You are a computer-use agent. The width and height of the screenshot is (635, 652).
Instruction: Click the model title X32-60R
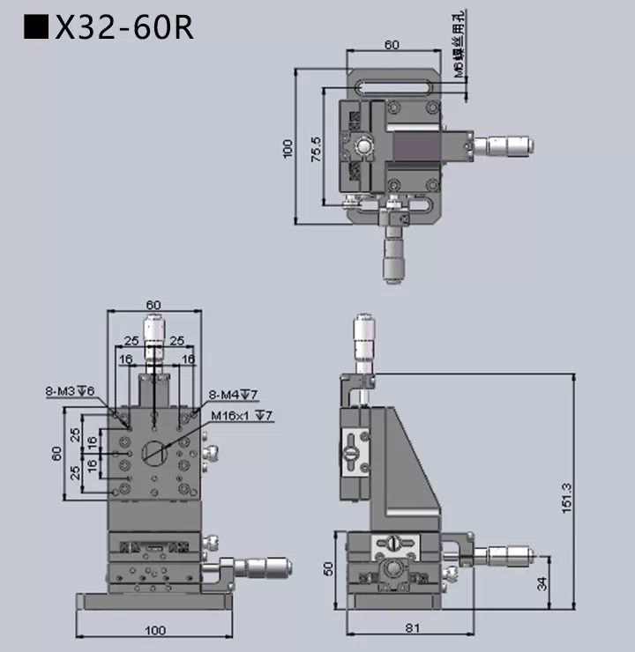tap(123, 27)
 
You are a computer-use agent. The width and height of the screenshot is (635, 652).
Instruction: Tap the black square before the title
tap(36, 27)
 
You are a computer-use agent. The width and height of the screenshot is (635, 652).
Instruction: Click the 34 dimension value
tap(541, 582)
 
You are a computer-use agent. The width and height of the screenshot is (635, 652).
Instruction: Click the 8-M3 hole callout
tap(71, 390)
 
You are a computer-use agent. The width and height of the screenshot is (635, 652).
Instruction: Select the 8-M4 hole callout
tap(233, 394)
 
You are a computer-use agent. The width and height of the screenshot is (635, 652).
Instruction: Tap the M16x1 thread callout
tap(241, 415)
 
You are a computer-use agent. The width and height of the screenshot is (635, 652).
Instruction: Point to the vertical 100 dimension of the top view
tap(286, 148)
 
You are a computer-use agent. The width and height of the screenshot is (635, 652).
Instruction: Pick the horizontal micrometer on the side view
tap(504, 553)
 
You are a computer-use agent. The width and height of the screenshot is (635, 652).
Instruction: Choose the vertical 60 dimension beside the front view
tap(56, 454)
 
